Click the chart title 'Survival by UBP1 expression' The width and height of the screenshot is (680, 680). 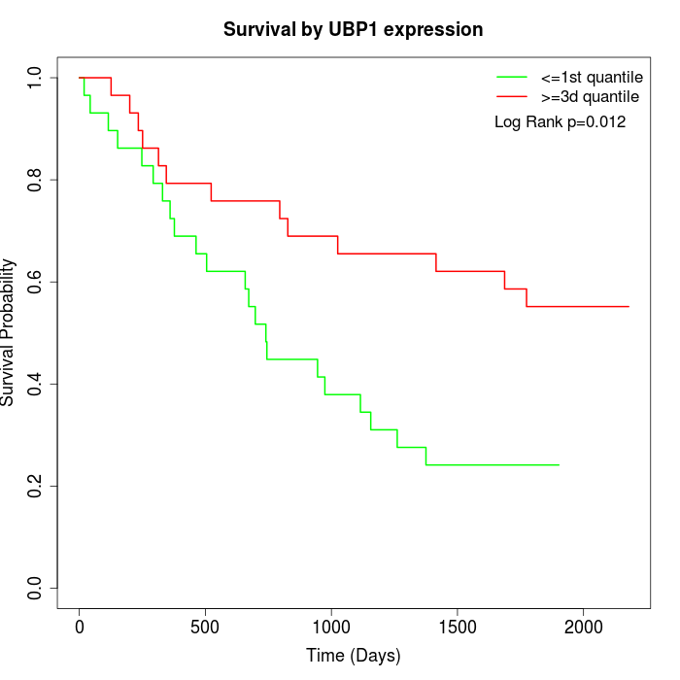[x=353, y=29]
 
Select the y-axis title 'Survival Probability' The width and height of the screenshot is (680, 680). [x=9, y=332]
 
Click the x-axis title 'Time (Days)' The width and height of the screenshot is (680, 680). [x=353, y=656]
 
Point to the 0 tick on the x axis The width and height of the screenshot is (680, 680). [x=80, y=628]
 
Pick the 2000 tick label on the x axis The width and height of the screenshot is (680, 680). [x=584, y=628]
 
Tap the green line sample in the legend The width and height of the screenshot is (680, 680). [x=512, y=77]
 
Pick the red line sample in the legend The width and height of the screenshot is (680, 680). [x=512, y=97]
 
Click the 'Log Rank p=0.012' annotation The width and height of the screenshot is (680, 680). [x=560, y=122]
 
